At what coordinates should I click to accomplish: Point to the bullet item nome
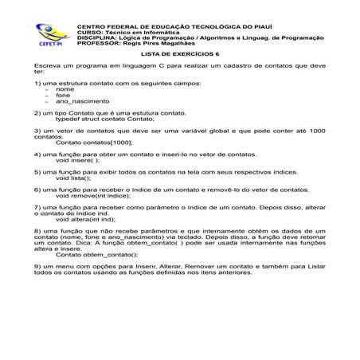coord(65,90)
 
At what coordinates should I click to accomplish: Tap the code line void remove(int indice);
coord(93,197)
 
